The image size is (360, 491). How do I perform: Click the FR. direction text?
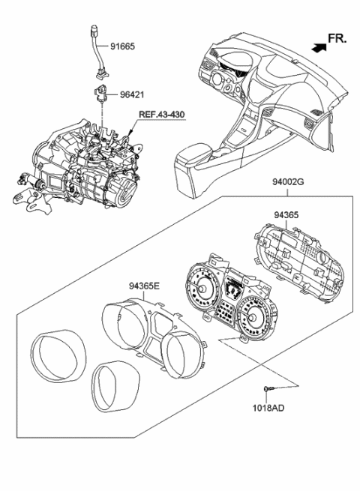(x=338, y=39)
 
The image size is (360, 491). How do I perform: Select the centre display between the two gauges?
(x=231, y=293)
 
